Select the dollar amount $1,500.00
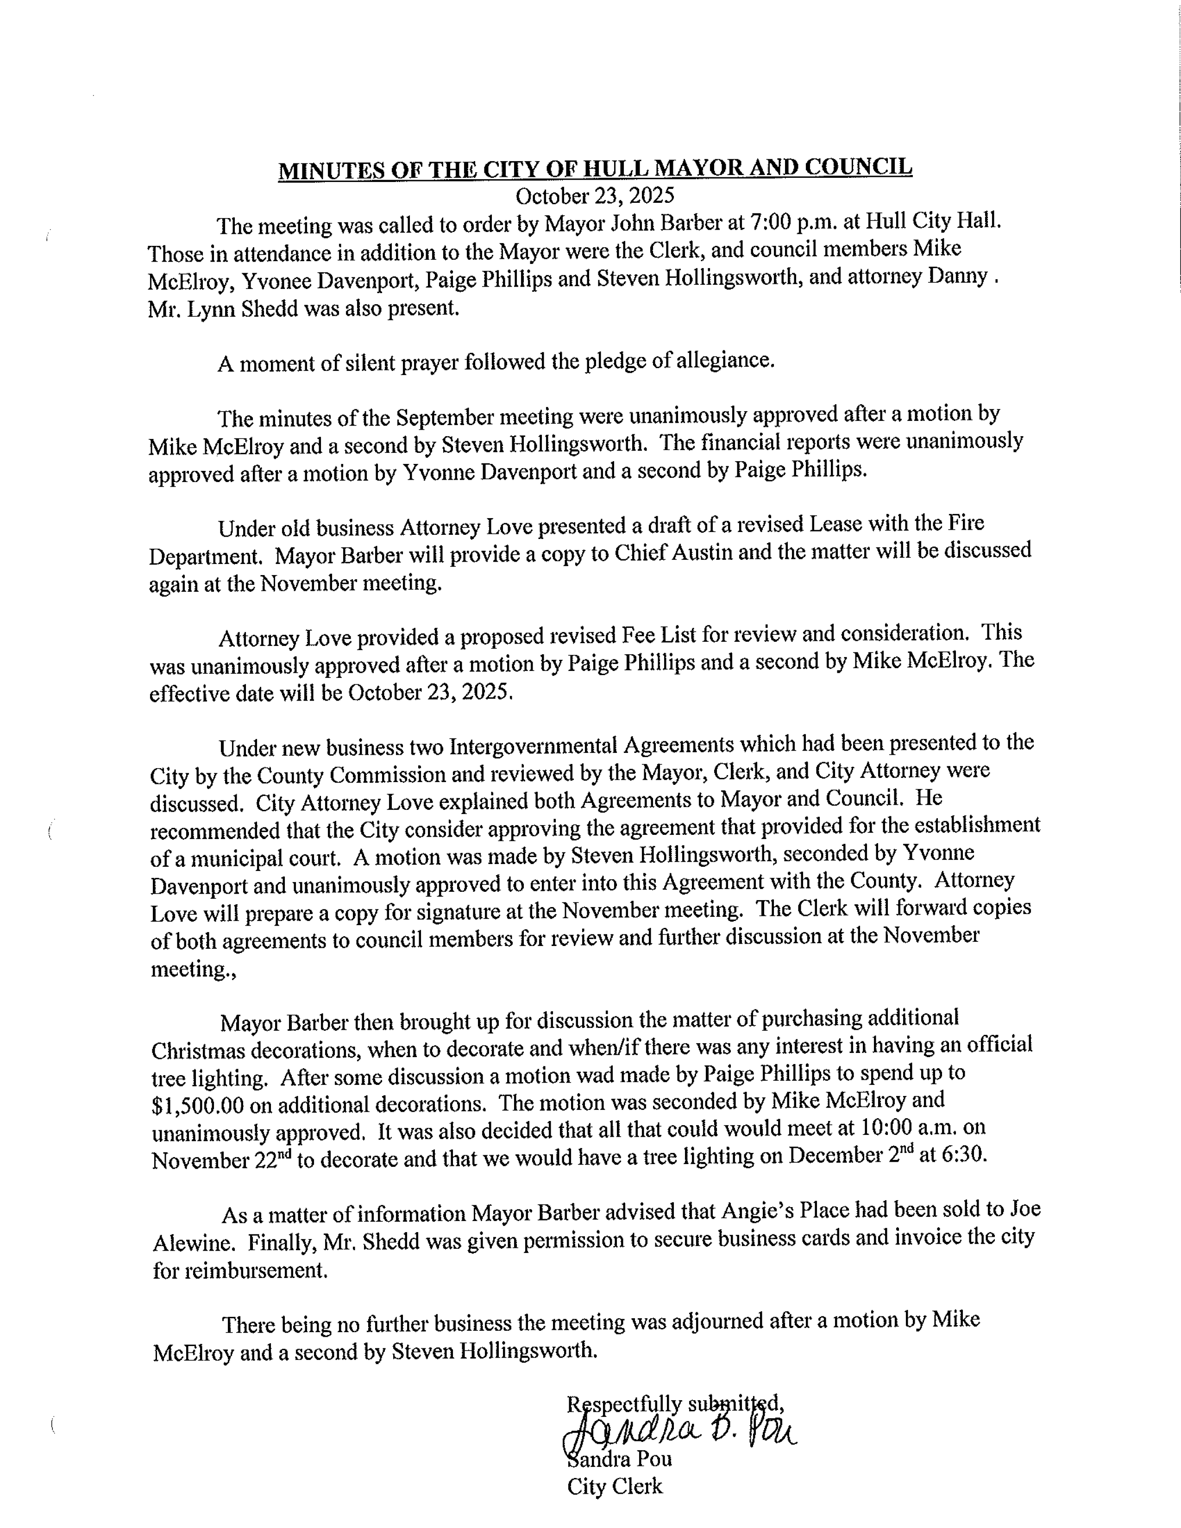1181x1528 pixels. tap(198, 1105)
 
